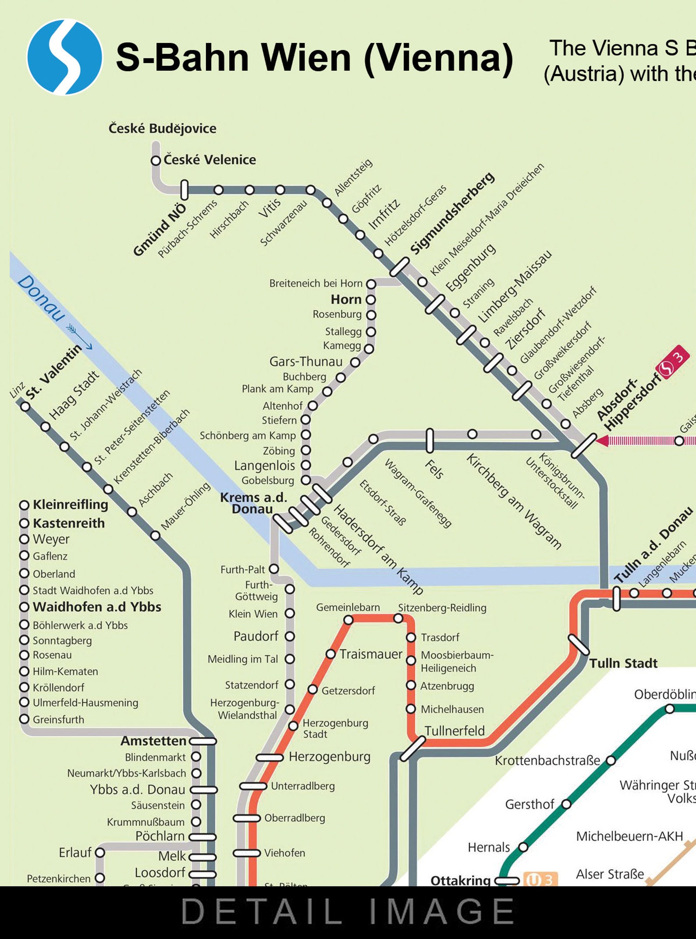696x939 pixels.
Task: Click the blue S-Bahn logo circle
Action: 64,57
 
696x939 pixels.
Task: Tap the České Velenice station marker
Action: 156,161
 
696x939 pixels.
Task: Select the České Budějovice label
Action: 162,129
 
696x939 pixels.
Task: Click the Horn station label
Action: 346,300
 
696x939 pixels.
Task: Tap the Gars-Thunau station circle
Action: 355,362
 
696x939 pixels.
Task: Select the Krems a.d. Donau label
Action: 253,503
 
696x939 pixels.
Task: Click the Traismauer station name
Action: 370,654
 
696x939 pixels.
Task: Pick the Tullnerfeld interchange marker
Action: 412,749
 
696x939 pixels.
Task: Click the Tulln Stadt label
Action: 623,663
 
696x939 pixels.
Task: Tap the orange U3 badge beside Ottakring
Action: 540,879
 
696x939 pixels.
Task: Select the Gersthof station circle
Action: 566,804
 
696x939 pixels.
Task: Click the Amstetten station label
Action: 153,741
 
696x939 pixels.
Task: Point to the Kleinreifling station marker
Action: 25,505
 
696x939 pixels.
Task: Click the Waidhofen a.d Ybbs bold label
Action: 97,607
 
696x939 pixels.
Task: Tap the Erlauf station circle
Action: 100,853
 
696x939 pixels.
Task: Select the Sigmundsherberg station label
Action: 452,214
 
